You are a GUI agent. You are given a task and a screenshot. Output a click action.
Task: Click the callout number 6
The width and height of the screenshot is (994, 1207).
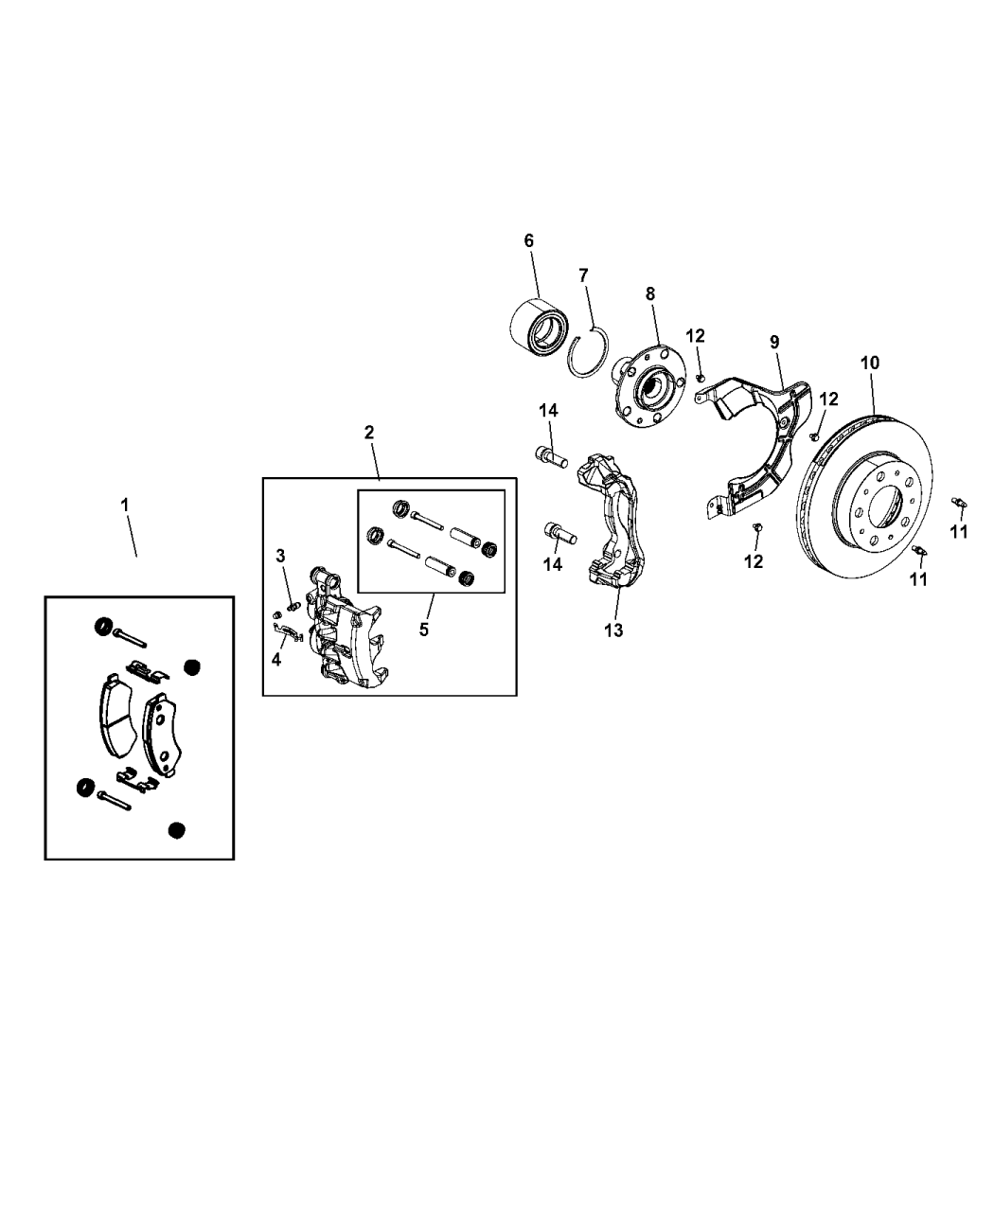529,240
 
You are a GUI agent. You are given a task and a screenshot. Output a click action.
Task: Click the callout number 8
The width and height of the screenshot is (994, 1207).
650,294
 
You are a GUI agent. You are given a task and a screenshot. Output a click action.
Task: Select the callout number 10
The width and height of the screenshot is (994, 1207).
870,362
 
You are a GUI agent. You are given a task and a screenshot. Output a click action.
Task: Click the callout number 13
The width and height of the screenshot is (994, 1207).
614,630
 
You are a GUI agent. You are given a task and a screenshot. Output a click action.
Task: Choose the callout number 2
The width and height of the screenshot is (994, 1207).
369,433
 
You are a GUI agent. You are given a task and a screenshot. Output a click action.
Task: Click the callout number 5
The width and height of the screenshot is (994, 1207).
423,629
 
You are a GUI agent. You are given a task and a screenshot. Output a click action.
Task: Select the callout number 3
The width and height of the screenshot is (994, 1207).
281,555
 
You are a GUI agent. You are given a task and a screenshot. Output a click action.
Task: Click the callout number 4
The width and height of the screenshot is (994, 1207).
276,660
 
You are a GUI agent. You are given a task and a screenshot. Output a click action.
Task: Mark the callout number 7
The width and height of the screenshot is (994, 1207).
583,275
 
